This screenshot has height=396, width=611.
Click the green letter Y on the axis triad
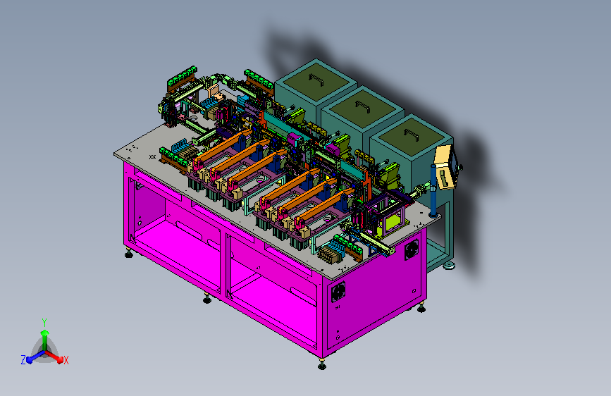pos(44,322)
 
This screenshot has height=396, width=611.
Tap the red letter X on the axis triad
pos(66,360)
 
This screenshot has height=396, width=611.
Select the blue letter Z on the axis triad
pos(23,360)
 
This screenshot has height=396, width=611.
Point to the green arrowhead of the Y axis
pos(44,333)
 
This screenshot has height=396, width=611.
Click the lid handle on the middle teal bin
pos(363,106)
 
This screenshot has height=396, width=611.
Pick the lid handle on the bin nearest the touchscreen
pos(412,135)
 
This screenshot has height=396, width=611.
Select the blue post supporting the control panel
pos(433,192)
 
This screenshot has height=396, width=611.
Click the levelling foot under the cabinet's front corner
pos(322,365)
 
